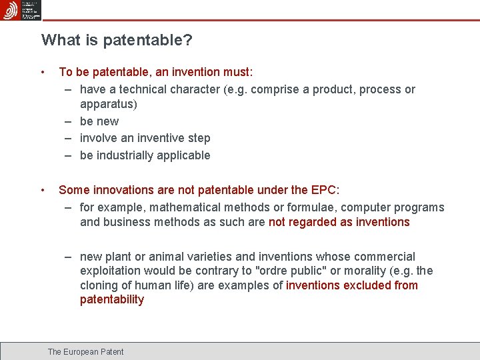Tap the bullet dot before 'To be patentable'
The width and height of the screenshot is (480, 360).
(x=42, y=72)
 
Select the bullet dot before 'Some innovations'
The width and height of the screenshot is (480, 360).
(x=42, y=190)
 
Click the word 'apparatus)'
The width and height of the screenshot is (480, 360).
(x=108, y=104)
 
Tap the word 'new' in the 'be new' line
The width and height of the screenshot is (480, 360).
(x=107, y=121)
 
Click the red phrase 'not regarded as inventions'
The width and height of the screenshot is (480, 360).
(x=339, y=222)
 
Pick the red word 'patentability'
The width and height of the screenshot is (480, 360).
(x=111, y=300)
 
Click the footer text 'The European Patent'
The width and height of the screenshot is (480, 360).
(x=85, y=351)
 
